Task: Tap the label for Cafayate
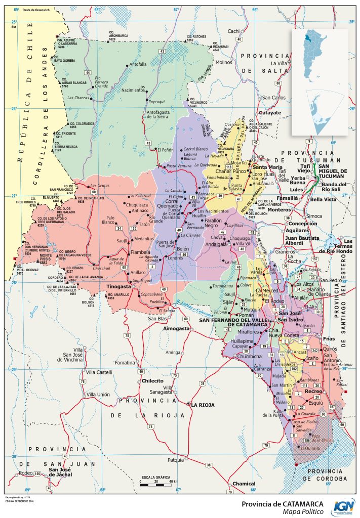pyautogui.click(x=270, y=113)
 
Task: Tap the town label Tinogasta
pyautogui.click(x=118, y=287)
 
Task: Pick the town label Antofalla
pyautogui.click(x=138, y=64)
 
